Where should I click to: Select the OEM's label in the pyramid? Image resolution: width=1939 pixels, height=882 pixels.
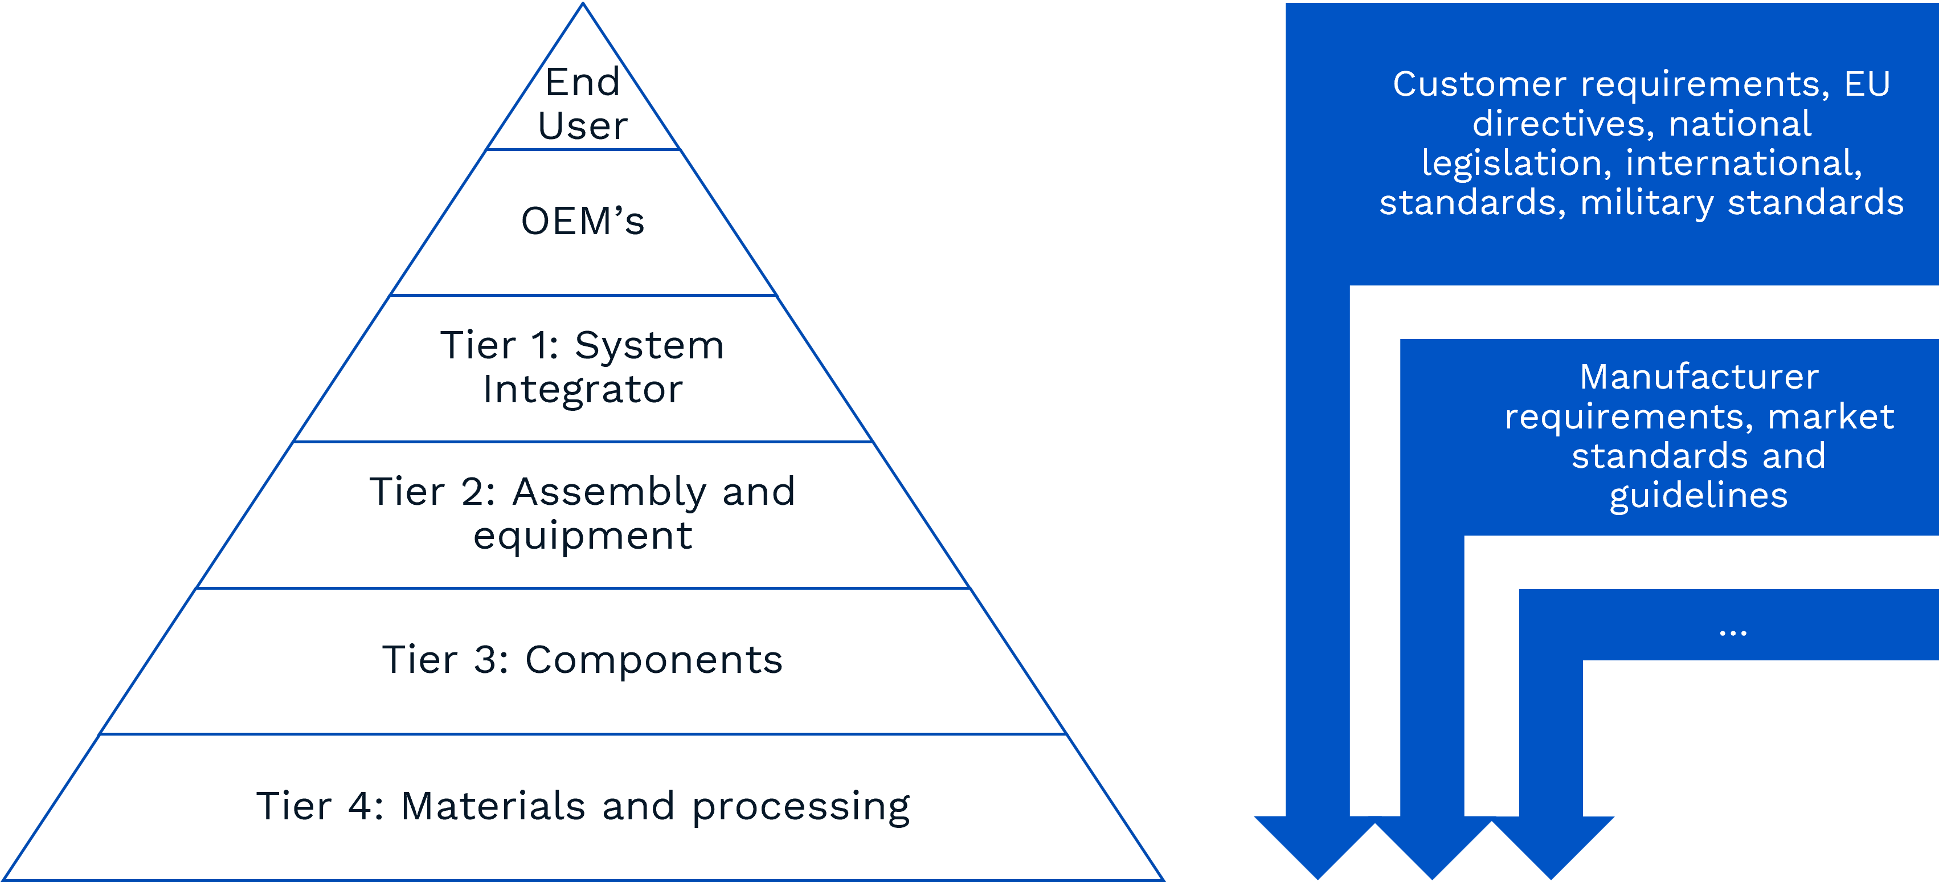pos(583,222)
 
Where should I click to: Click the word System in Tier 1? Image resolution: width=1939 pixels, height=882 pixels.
pos(649,346)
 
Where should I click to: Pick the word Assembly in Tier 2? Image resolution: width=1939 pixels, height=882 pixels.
pos(609,493)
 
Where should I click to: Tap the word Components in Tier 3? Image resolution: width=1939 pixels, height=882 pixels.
pos(653,660)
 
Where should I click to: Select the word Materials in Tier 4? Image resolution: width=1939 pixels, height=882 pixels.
pos(493,806)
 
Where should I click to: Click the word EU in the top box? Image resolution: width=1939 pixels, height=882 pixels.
pos(1867,84)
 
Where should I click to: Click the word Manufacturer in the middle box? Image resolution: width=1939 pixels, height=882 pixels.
pos(1699,377)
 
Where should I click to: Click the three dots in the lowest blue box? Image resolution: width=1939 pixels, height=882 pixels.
pos(1733,632)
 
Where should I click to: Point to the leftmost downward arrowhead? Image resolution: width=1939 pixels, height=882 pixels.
pos(1317,847)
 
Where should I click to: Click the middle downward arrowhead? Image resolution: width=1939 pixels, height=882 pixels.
pos(1433,847)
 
